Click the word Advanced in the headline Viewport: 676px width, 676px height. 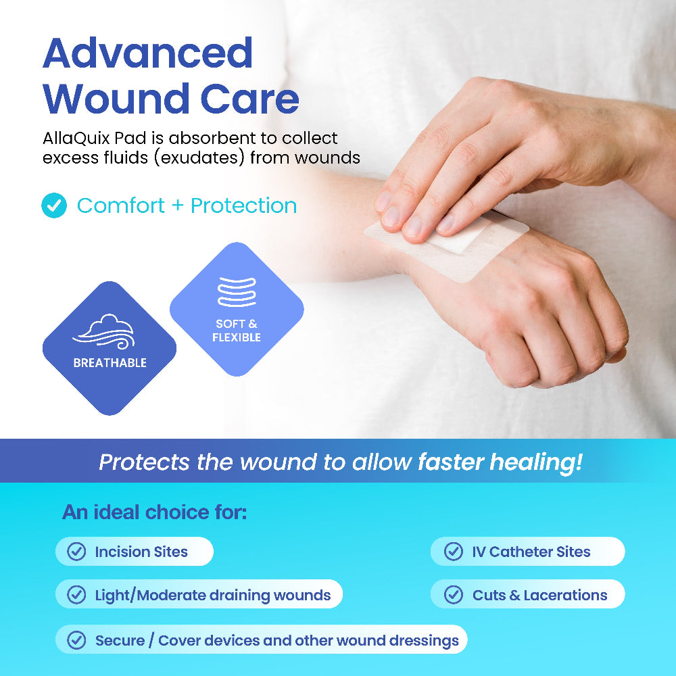pos(148,53)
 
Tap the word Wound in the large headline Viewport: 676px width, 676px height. pos(116,99)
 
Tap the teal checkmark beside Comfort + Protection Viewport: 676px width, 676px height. pos(54,206)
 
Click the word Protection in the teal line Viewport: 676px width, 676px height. pos(243,206)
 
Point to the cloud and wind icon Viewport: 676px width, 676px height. pos(104,331)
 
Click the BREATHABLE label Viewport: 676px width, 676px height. pos(110,363)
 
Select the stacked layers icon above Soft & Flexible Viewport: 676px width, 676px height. pos(237,292)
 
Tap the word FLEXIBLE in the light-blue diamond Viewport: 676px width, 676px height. pos(237,337)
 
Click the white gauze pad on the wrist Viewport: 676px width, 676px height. pos(457,237)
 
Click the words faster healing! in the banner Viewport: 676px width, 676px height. pos(500,462)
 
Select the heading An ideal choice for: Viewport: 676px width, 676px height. pos(154,512)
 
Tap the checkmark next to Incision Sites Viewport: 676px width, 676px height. pos(77,552)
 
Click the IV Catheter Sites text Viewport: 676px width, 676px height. pos(531,552)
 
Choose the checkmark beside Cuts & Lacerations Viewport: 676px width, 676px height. pos(454,594)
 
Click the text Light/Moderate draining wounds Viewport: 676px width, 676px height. pos(213,596)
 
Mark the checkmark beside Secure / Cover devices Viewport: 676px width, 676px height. pos(77,640)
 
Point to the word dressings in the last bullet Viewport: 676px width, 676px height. pos(424,641)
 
